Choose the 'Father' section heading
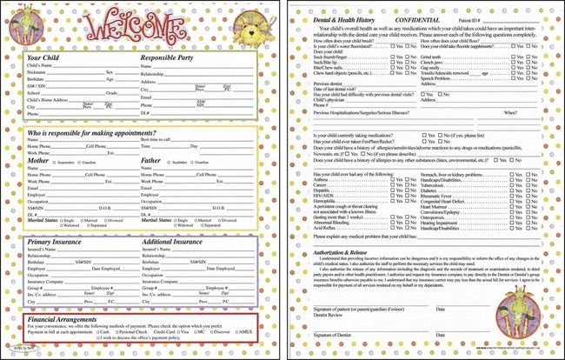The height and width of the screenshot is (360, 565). point(151,160)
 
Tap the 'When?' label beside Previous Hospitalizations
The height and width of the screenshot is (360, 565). point(510,112)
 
